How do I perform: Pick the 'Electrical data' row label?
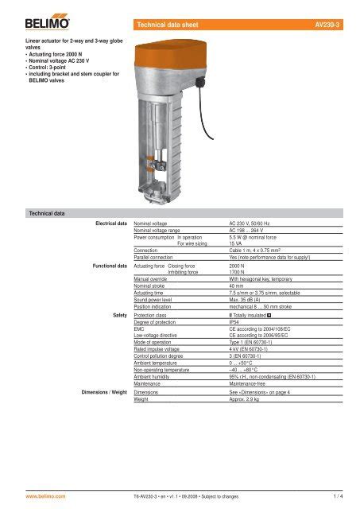[x=106, y=225]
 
